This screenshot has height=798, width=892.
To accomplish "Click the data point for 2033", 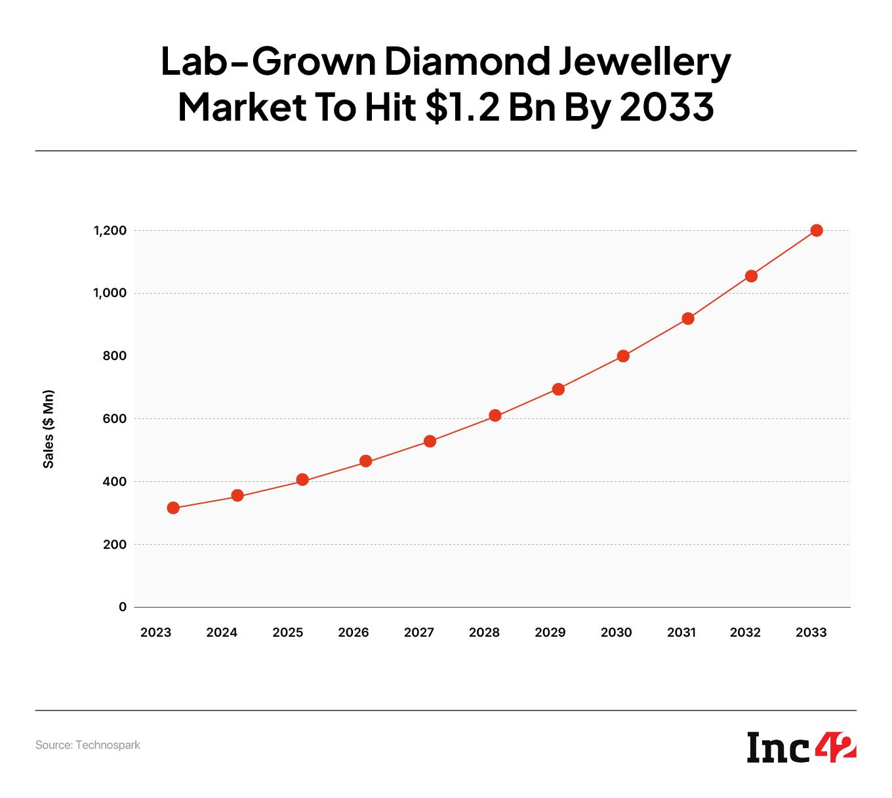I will pos(817,230).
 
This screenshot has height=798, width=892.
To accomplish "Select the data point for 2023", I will pos(173,508).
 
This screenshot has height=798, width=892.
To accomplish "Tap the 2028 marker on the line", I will pos(495,415).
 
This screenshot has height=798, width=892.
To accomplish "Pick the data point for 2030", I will pos(623,356).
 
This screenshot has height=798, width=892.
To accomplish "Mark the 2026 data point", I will pos(366,461).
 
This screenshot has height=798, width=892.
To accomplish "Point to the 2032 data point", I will pos(752,276).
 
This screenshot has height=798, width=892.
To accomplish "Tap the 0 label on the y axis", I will pos(123,607).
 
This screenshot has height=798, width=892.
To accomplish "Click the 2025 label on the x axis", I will pos(287,633).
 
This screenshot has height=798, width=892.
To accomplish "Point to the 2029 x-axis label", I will pos(550,633).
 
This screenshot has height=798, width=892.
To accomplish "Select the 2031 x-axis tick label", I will pos(681,633).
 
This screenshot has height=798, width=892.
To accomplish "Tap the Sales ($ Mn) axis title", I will pos(49,429).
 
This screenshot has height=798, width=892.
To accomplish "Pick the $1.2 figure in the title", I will pos(462,108).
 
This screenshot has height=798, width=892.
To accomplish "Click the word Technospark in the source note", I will pos(108,745).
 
